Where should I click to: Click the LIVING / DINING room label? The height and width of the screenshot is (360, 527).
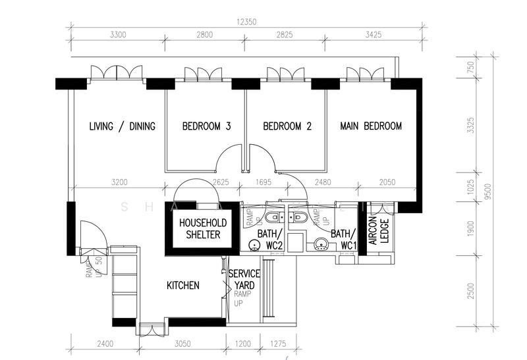122,126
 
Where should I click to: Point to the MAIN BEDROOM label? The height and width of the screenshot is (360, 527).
371,126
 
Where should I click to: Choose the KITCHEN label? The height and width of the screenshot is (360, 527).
182,285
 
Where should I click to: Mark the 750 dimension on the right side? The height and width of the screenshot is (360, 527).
470,67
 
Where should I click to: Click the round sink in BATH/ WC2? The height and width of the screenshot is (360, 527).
254,245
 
